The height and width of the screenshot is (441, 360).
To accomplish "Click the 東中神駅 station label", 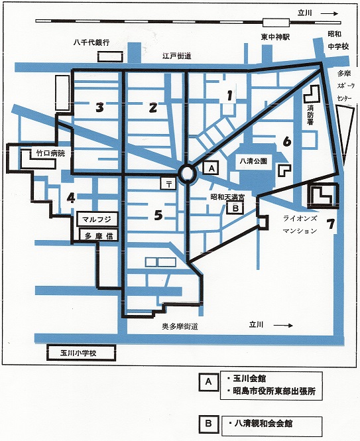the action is coord(274,37).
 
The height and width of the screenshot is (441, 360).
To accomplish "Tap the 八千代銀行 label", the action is coord(91,42).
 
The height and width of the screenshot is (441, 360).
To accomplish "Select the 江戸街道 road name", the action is coord(176,56).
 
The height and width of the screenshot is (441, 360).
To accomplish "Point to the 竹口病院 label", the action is coord(50,153).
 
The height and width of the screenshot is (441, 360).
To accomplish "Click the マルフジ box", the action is coord(97,220).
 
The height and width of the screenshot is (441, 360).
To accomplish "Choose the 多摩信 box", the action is coord(98,235).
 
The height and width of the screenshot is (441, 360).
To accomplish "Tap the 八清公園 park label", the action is coord(253,161).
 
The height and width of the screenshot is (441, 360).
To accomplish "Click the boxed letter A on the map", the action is coord(211,168).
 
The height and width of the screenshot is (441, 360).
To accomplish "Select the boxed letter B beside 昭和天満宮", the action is coord(235,208).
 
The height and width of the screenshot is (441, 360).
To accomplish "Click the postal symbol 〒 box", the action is coord(169,184).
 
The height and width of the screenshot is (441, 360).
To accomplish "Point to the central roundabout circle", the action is coord(187,174).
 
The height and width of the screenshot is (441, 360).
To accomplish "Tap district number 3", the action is coord(99,107).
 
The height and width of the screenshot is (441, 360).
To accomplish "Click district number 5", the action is coord(158,215).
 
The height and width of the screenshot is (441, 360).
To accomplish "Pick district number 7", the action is coord(330,224).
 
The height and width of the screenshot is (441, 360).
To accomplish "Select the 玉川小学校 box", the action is coord(82,353).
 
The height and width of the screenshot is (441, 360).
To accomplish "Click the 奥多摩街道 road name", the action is coord(180,326).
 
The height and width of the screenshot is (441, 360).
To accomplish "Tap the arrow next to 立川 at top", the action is coord(329,13).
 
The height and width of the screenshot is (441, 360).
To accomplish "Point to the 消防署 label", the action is coord(310,115).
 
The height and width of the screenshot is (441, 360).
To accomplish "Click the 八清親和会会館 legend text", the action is coord(263,423).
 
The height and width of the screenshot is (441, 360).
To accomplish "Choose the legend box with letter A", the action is coord(208,382).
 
